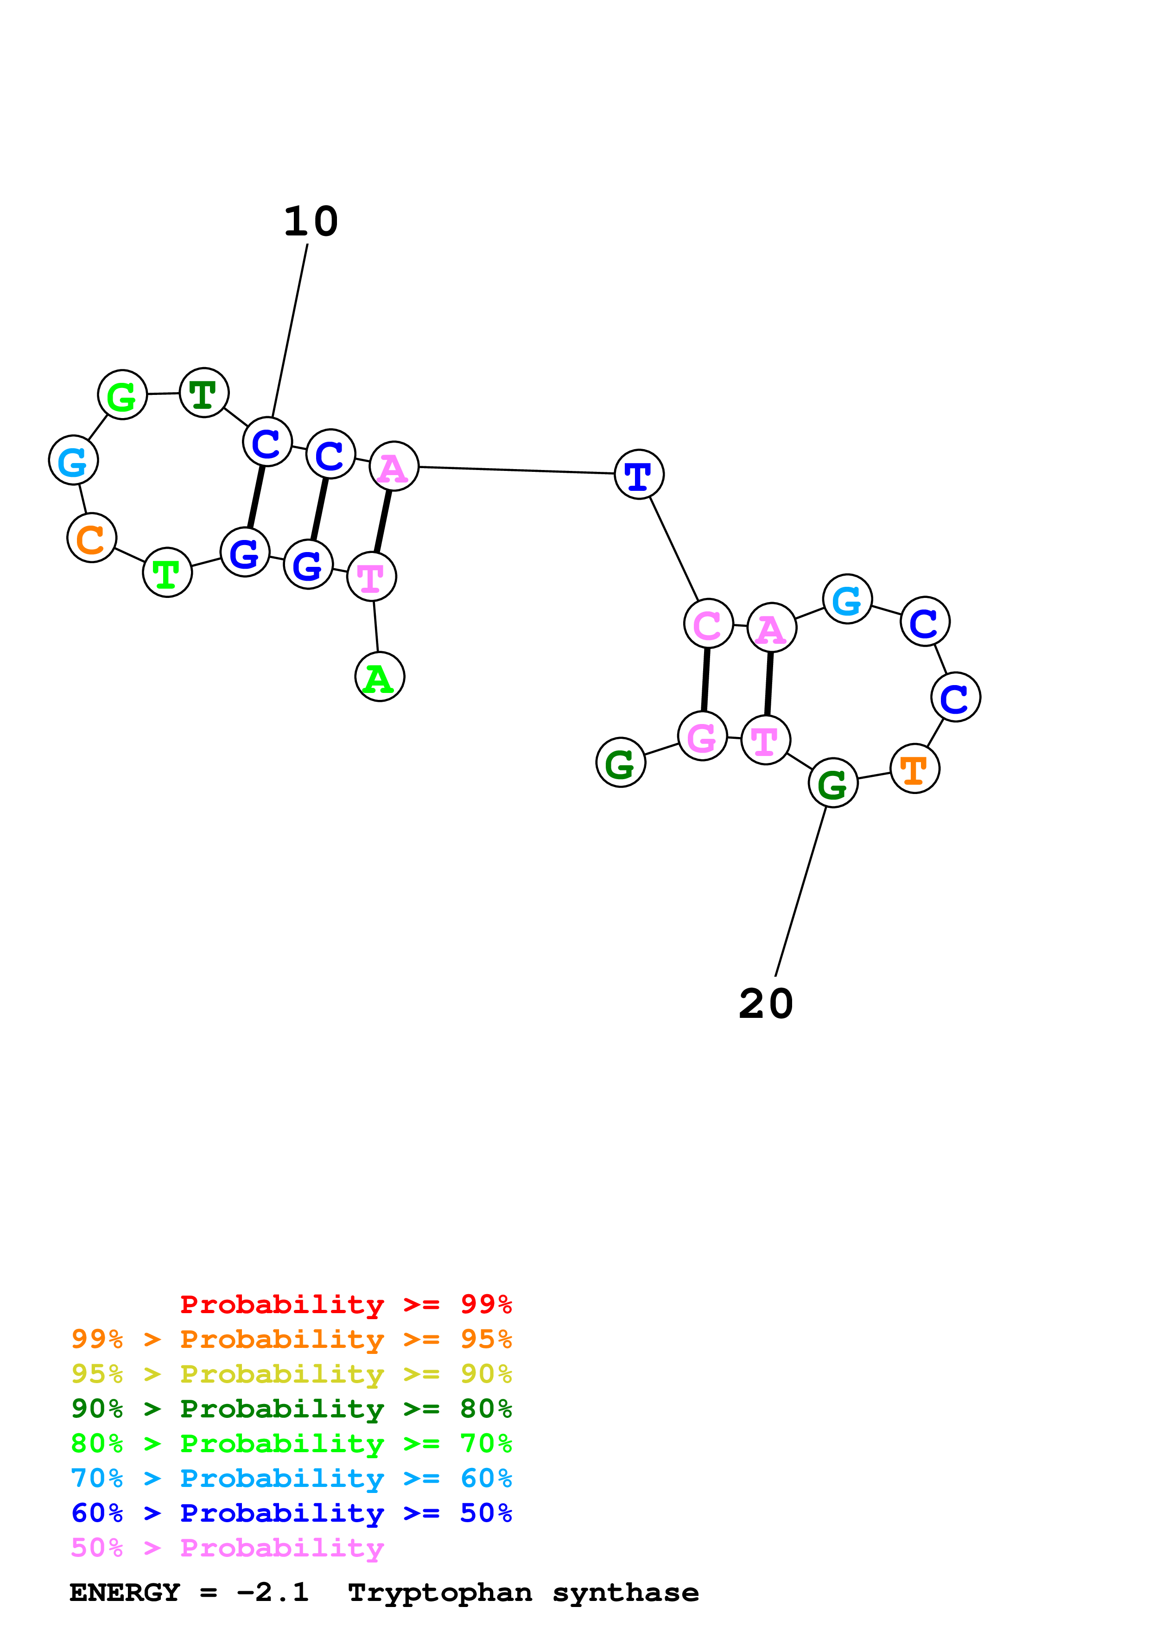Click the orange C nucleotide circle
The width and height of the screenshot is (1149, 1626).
click(x=91, y=538)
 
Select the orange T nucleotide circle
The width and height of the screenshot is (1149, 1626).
click(x=914, y=769)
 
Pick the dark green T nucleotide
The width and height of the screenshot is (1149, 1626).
click(x=204, y=393)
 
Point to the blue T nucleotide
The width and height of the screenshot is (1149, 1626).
click(x=639, y=475)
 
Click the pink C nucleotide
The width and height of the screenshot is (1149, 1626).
click(x=708, y=623)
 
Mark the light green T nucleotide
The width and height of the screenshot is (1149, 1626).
click(x=167, y=572)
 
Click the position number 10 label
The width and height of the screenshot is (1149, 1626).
click(x=311, y=222)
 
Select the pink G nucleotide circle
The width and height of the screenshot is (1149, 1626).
click(x=702, y=737)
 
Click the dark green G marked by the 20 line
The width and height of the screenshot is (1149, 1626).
click(x=832, y=782)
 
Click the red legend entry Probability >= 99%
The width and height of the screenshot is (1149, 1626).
click(x=345, y=1304)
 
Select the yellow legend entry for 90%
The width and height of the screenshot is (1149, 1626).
click(x=292, y=1374)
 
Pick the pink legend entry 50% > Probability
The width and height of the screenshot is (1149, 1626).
click(x=227, y=1548)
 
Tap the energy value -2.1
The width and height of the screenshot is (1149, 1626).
click(x=273, y=1593)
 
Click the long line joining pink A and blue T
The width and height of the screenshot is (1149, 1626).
click(x=517, y=470)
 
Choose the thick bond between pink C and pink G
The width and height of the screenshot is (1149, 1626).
click(x=705, y=680)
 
